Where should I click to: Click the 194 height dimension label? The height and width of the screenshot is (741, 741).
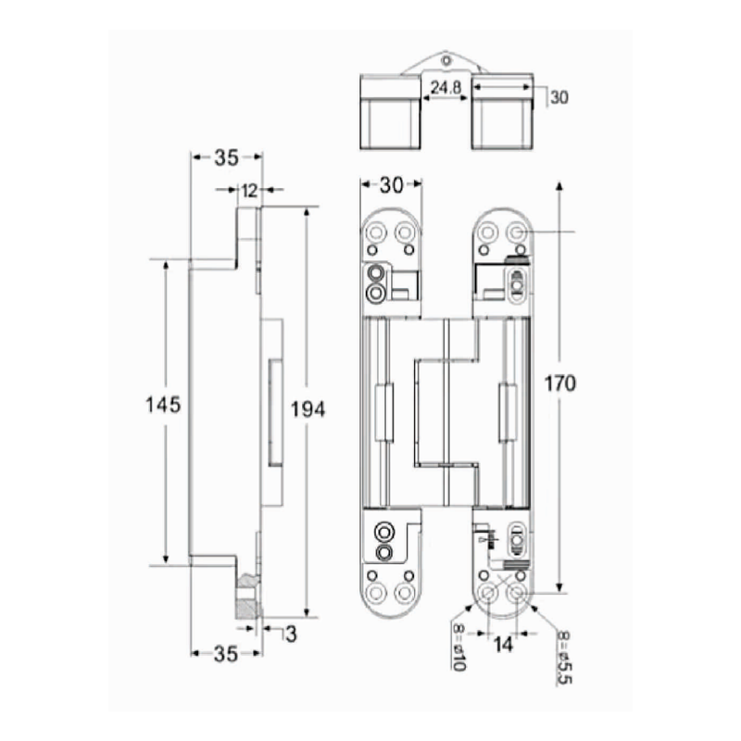308,409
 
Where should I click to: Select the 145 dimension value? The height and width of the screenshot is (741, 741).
163,405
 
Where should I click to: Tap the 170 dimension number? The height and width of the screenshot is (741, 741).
560,383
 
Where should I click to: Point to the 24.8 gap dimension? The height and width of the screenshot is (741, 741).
446,87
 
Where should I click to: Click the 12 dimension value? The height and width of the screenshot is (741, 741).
249,191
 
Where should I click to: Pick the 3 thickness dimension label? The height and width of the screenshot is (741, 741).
291,634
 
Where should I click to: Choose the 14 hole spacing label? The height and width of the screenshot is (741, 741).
503,644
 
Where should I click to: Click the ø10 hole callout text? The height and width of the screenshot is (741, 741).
458,647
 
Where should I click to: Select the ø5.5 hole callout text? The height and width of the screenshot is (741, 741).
565,657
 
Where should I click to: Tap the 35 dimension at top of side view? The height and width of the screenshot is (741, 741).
226,157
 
